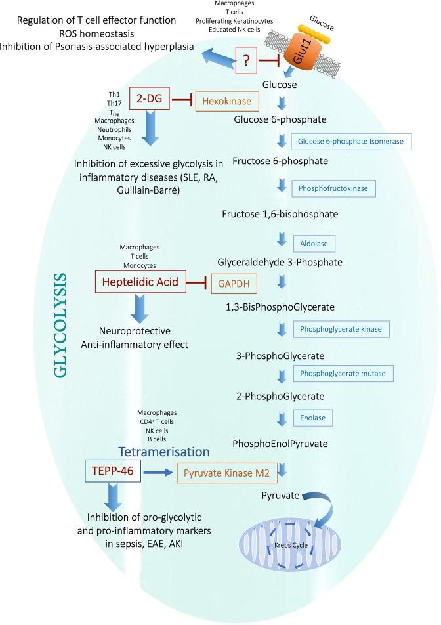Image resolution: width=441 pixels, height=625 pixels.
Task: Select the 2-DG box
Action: pos(150,100)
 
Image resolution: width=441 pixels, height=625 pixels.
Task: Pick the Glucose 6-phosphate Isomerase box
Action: pos(351,141)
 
